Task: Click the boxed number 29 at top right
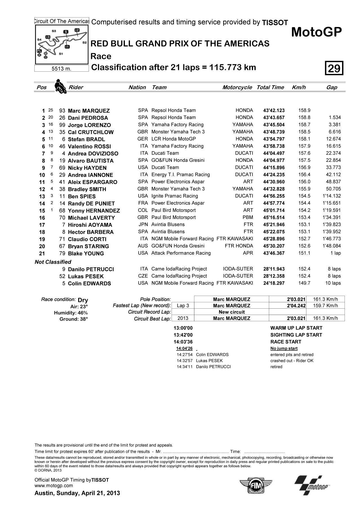pos(334,68)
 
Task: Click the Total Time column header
pos(270,87)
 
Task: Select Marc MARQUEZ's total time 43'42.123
pos(274,110)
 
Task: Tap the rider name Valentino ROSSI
pos(89,146)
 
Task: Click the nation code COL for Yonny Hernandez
pos(143,210)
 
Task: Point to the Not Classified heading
pos(53,262)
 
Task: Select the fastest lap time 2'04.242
pos(296,306)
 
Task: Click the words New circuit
pos(231,312)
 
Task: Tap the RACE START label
pos(285,342)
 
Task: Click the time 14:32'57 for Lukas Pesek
pos(184,361)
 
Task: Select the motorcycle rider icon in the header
pos(60,86)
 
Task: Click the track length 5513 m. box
pos(62,69)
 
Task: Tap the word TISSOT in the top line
pos(275,23)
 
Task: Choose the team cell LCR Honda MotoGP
pos(174,139)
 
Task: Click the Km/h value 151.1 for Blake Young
pos(304,253)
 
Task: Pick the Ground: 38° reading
pos(74,319)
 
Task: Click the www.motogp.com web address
pos(53,485)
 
